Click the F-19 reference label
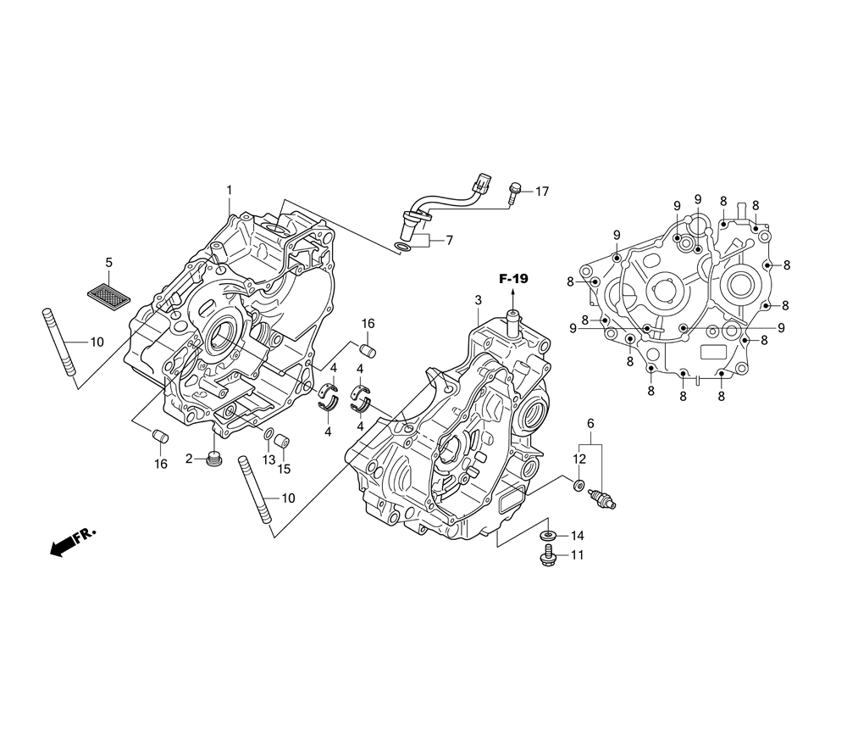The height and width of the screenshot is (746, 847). pos(512,279)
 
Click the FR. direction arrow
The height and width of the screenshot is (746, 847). pos(72,541)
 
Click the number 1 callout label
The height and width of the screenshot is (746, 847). pos(229,190)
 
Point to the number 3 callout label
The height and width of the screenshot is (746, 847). pos(478,299)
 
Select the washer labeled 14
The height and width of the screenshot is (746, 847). pos(549,535)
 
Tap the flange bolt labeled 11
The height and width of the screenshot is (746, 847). pos(548,556)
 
